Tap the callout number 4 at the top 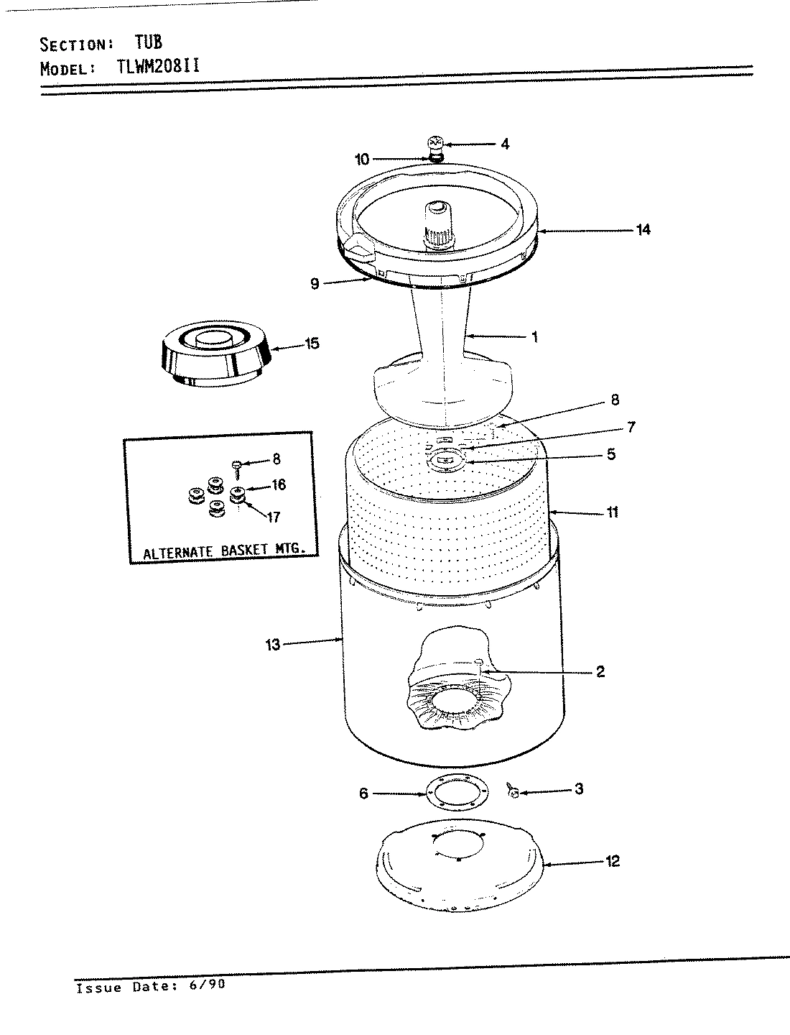click(505, 144)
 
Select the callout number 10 click(362, 159)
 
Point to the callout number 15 click(312, 344)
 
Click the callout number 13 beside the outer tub click(273, 645)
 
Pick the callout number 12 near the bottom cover click(612, 861)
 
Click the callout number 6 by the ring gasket click(363, 793)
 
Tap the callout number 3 click(578, 789)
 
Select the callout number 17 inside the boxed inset click(274, 517)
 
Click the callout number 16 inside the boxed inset click(278, 485)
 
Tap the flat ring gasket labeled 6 click(457, 793)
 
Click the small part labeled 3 click(512, 792)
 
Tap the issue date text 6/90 click(208, 986)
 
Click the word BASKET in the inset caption click(240, 551)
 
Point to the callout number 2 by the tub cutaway click(600, 672)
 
